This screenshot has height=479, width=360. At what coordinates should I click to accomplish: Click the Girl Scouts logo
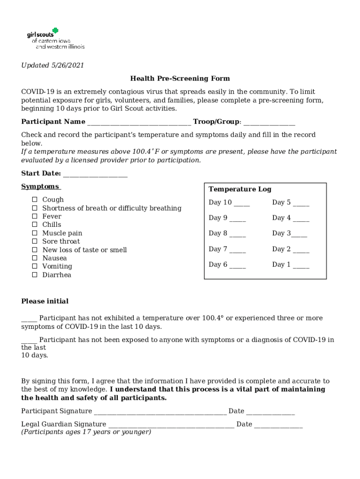[x=55, y=39]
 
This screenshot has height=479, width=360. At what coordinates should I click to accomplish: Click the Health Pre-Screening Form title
[x=180, y=79]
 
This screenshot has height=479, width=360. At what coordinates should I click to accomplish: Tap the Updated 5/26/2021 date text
[x=52, y=65]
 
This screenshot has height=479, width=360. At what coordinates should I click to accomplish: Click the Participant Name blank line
[x=139, y=123]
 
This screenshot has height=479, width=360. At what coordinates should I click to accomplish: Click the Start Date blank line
[x=95, y=174]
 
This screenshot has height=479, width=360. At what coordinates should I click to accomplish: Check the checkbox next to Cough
[x=35, y=200]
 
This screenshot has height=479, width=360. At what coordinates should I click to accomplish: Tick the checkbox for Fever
[x=35, y=217]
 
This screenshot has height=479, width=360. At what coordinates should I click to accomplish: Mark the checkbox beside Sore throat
[x=35, y=242]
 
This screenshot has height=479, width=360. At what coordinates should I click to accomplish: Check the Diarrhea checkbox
[x=35, y=275]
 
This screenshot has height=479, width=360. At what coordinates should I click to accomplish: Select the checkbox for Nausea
[x=35, y=258]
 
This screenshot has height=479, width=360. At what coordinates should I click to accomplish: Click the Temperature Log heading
[x=240, y=189]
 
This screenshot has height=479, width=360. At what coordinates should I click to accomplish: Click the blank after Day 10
[x=242, y=204]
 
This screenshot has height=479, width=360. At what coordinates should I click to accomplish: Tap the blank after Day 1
[x=301, y=266]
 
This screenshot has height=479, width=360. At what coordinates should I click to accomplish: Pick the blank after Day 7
[x=238, y=251]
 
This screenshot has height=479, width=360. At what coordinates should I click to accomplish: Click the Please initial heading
[x=45, y=301]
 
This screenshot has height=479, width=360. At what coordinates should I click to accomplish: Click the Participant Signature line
[x=160, y=412]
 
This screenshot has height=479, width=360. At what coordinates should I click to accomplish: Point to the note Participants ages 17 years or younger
[x=86, y=432]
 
